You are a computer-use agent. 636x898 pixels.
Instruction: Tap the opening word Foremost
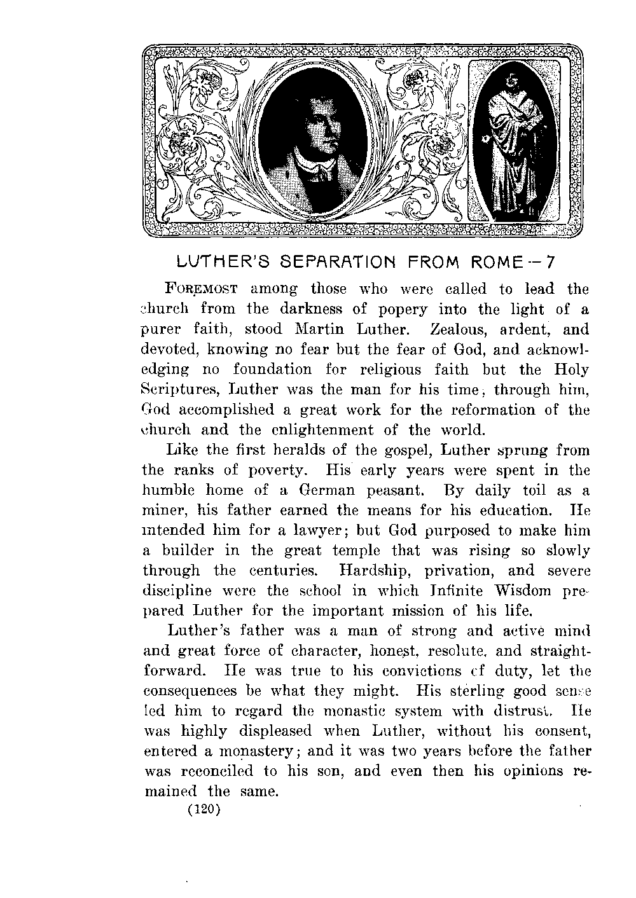pos(201,289)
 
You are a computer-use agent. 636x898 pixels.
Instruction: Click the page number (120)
pos(202,810)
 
